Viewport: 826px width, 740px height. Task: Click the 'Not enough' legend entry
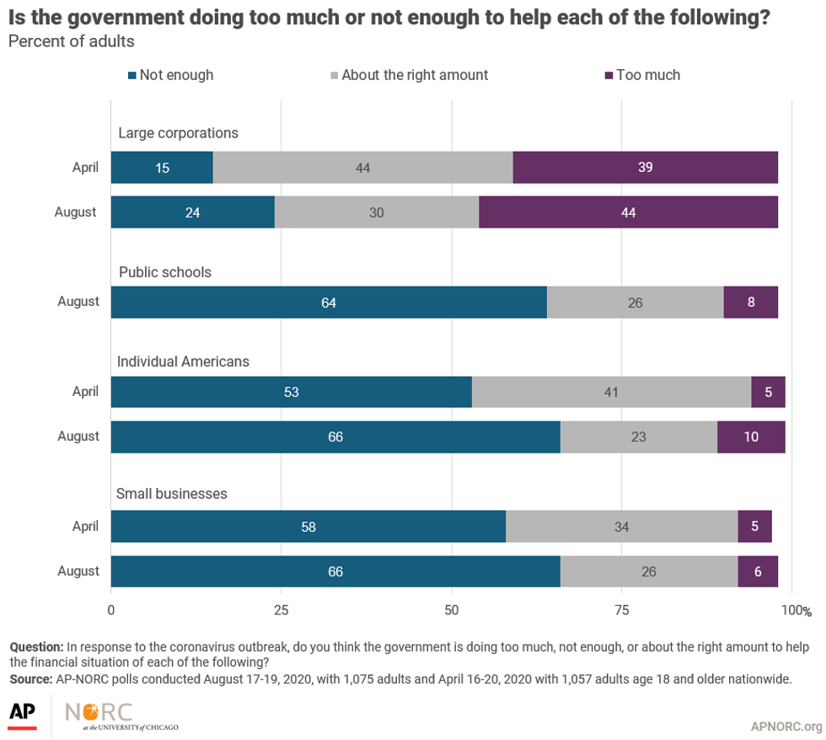(170, 75)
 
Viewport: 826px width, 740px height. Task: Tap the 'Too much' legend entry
(642, 75)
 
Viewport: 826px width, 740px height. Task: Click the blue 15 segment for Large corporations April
(162, 168)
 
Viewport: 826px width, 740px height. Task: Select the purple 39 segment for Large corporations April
(645, 168)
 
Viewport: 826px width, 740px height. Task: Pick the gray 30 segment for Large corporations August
(376, 212)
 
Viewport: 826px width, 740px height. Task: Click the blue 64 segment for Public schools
(329, 302)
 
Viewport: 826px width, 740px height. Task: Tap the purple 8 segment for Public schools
(750, 302)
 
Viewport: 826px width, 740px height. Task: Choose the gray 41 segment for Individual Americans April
(611, 392)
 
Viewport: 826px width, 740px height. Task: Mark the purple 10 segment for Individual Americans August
(751, 437)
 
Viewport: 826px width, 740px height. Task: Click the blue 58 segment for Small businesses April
(308, 527)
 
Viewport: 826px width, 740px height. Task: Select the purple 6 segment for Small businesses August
(758, 571)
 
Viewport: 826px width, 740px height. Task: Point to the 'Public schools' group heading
(165, 272)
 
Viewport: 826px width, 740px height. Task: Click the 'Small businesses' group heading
(172, 494)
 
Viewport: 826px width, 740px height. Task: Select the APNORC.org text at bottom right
(786, 727)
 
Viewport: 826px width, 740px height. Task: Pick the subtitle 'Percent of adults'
(71, 41)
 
